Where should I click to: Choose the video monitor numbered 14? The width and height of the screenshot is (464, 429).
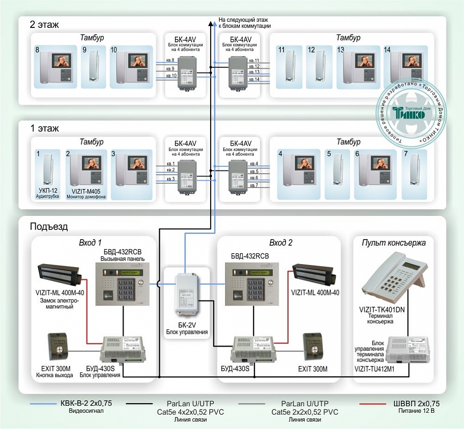(406, 67)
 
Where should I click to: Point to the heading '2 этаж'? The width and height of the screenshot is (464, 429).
(45, 25)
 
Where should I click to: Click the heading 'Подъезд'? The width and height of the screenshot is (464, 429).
(49, 227)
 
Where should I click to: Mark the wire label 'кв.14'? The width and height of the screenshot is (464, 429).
(254, 80)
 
